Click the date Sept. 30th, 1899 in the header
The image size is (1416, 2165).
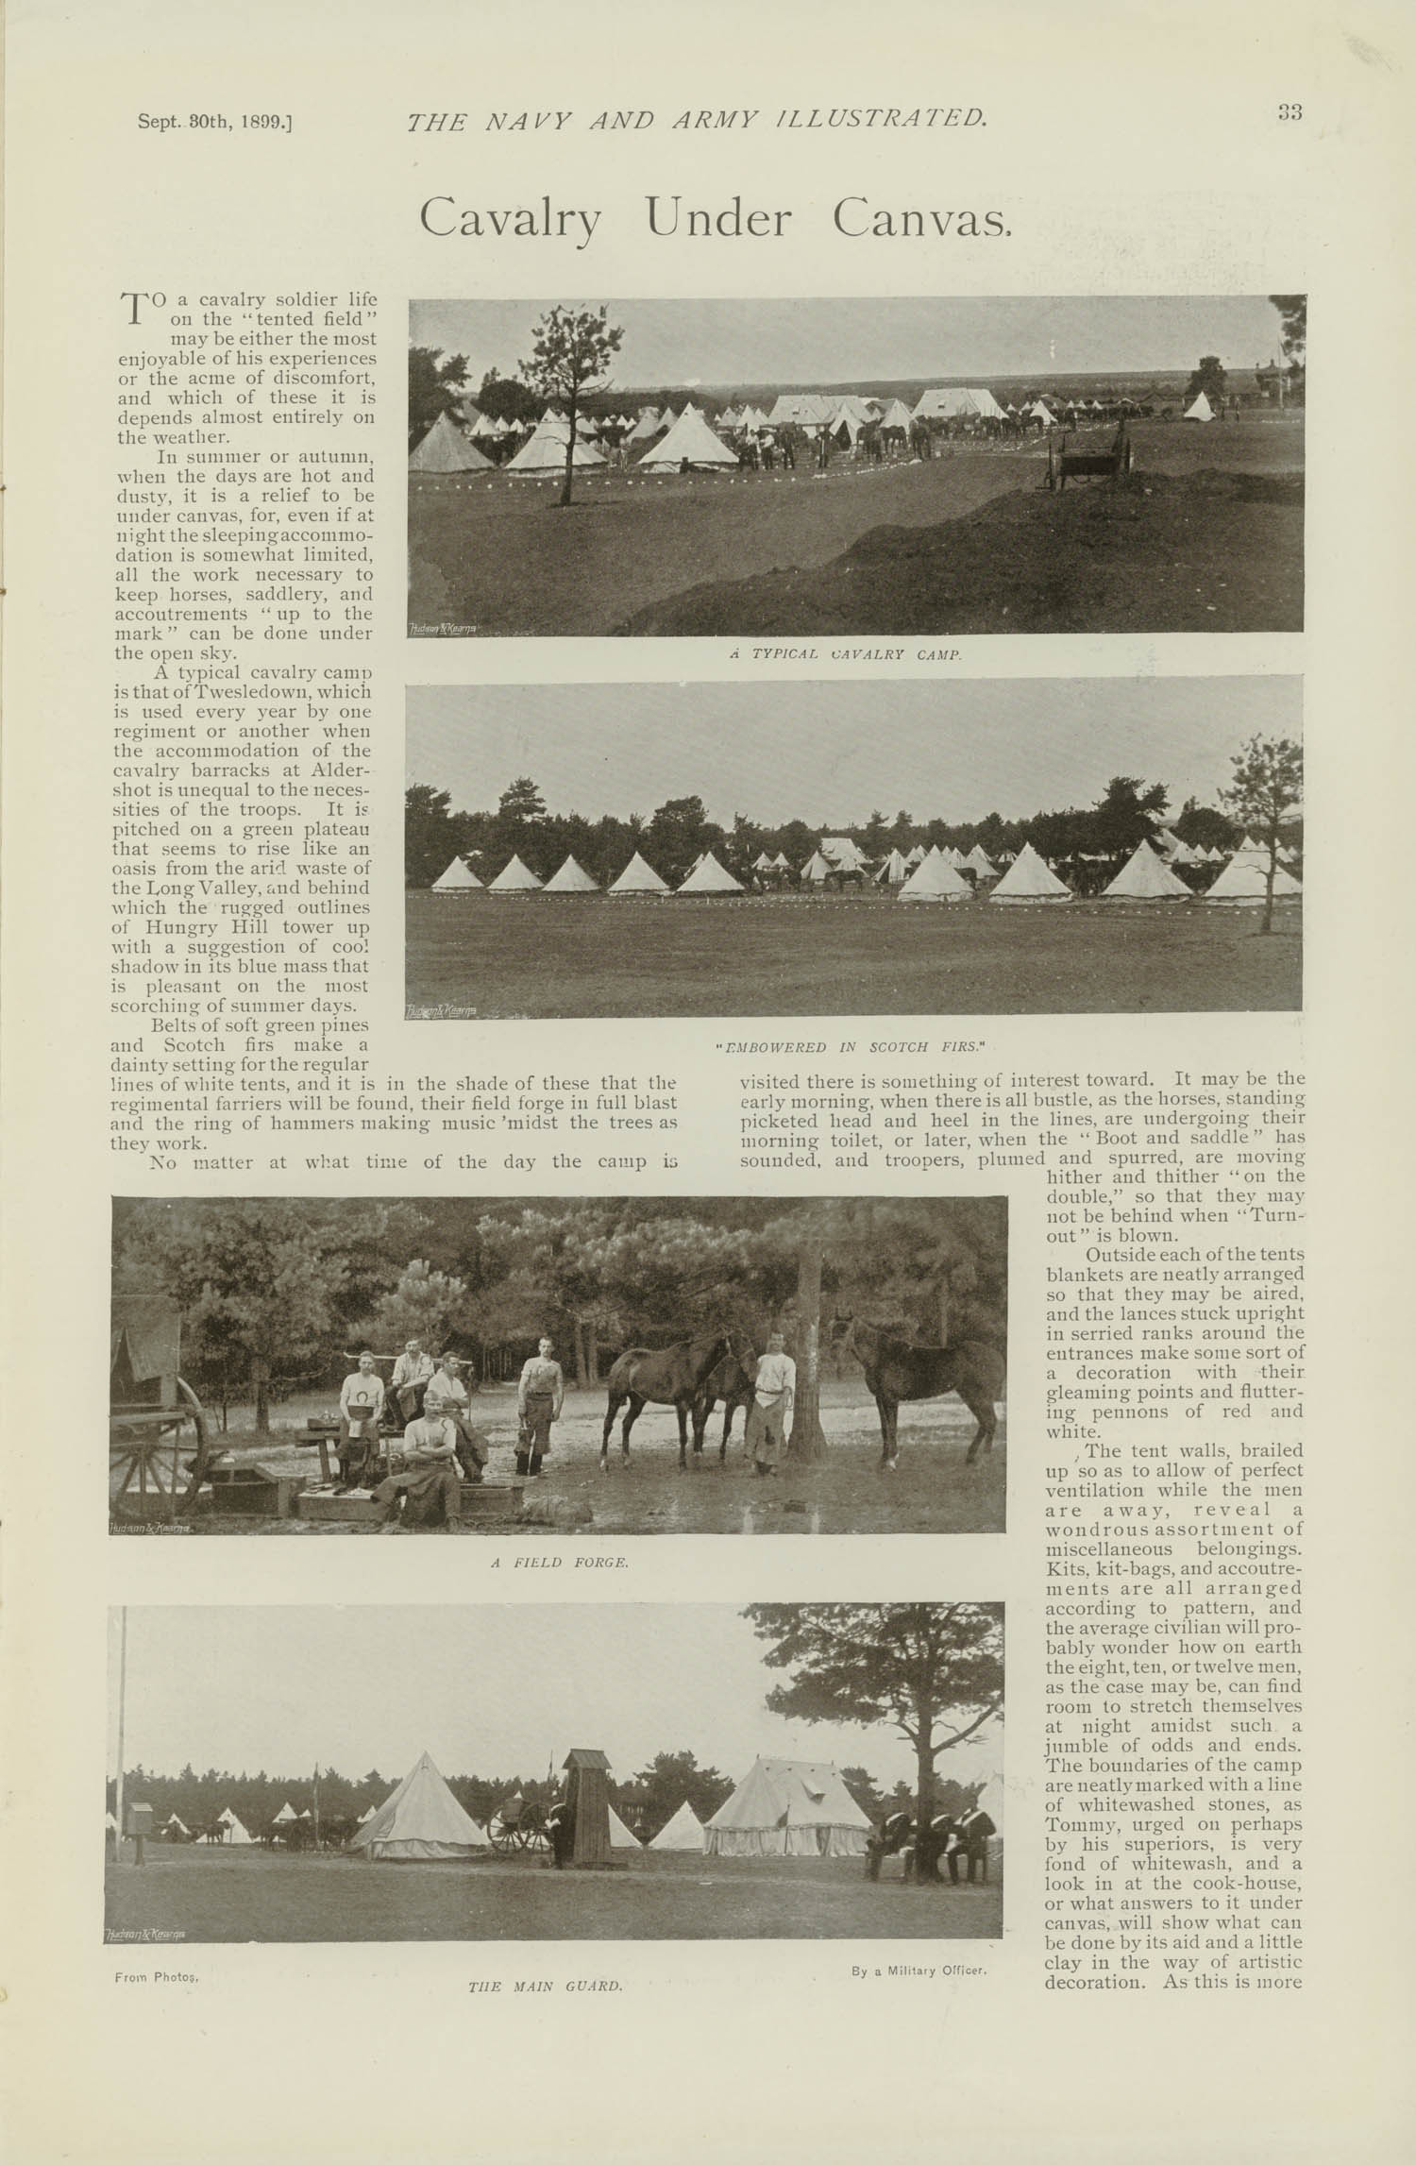tap(214, 122)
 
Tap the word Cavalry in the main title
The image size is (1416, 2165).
tap(511, 219)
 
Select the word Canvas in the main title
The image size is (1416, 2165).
tap(920, 219)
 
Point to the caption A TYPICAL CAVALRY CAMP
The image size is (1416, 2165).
tap(845, 654)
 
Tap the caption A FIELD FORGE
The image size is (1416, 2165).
tap(559, 1563)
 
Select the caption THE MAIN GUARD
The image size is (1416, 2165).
tap(546, 1960)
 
